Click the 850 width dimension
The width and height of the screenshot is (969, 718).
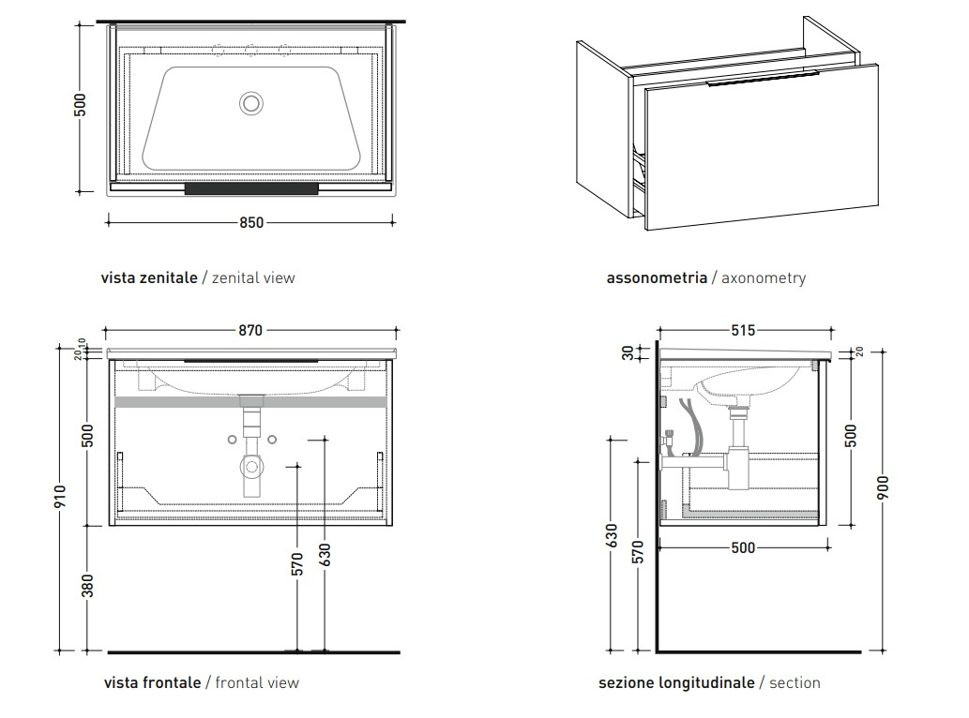tap(251, 223)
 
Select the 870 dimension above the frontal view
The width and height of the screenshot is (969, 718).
tap(250, 330)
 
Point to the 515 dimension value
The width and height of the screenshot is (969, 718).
tap(742, 330)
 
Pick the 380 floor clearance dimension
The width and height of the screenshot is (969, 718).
tap(87, 586)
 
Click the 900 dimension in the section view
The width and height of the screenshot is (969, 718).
tap(883, 487)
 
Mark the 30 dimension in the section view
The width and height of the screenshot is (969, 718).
tap(628, 352)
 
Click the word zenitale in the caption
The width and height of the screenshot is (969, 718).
tap(169, 277)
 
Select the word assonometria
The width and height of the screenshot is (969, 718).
tap(657, 277)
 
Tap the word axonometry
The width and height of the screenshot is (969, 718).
tap(764, 277)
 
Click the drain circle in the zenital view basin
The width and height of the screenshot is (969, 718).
tap(251, 103)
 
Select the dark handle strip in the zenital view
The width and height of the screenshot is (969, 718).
tap(251, 188)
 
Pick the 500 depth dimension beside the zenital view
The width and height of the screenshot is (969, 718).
tap(81, 104)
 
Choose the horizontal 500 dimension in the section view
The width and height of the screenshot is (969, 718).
tap(742, 548)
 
